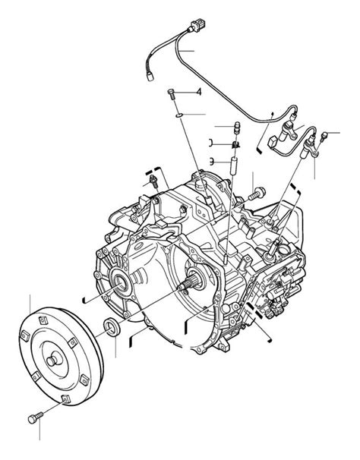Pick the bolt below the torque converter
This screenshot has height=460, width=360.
coord(33,417)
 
